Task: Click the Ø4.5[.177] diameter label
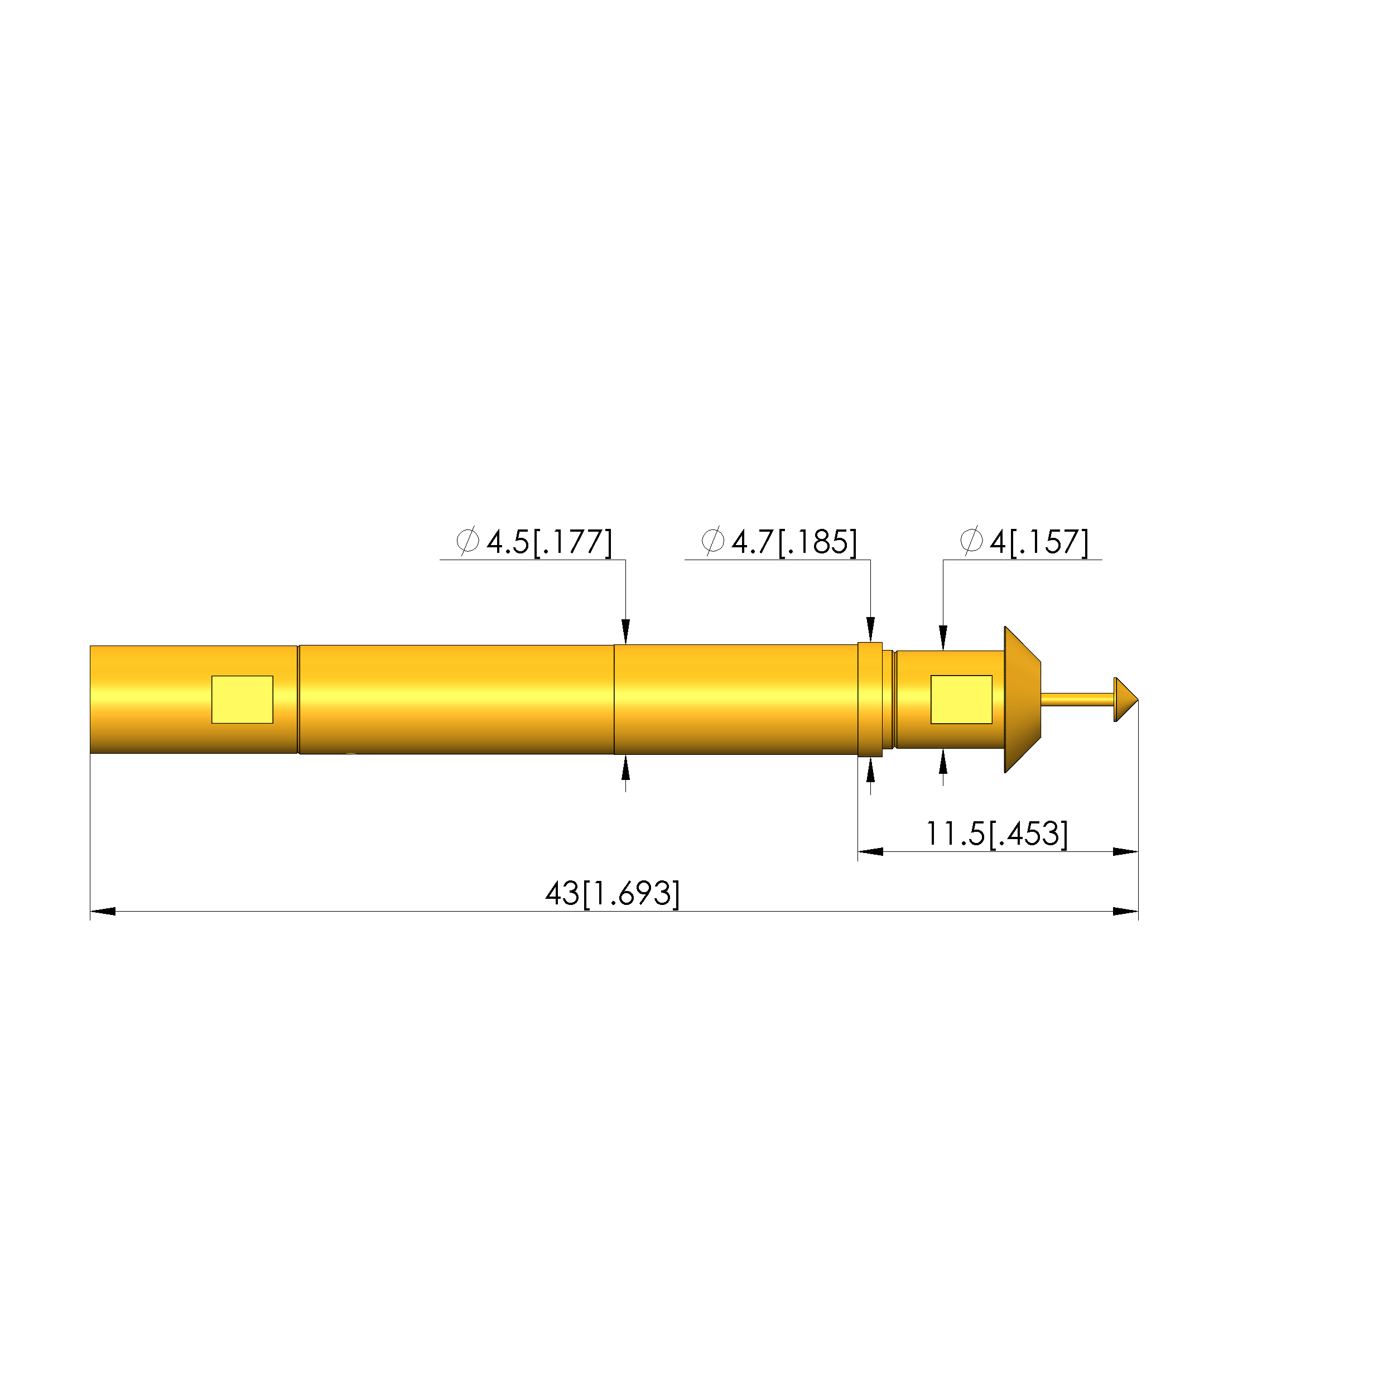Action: pos(534,542)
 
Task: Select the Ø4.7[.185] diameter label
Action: pos(779,542)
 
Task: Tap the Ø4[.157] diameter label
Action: pos(1024,542)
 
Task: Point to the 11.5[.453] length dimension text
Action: pos(996,834)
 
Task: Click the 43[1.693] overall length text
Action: pos(613,893)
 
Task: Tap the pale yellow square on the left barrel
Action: pos(242,699)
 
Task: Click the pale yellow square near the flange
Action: pos(961,699)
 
